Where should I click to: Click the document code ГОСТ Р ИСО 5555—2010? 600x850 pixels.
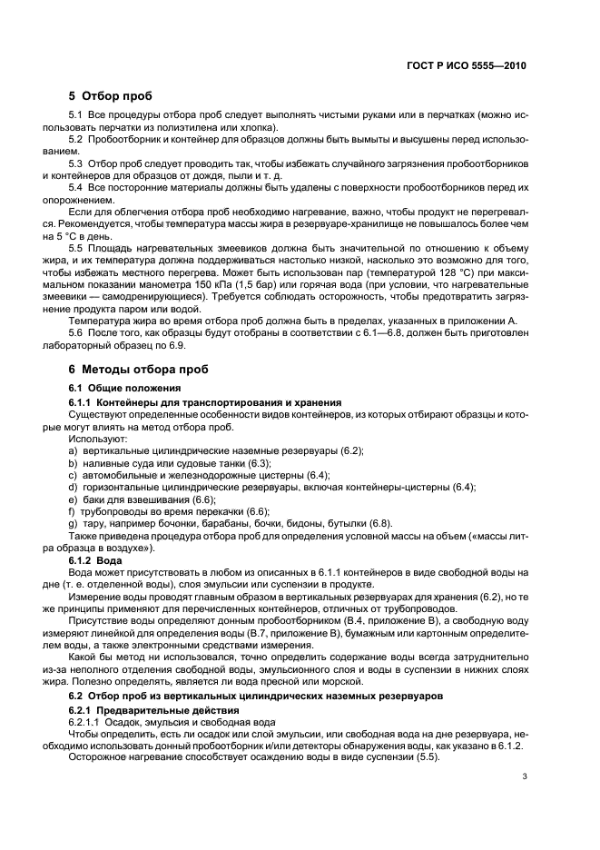(466, 66)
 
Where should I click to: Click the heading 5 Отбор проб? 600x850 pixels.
(111, 96)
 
